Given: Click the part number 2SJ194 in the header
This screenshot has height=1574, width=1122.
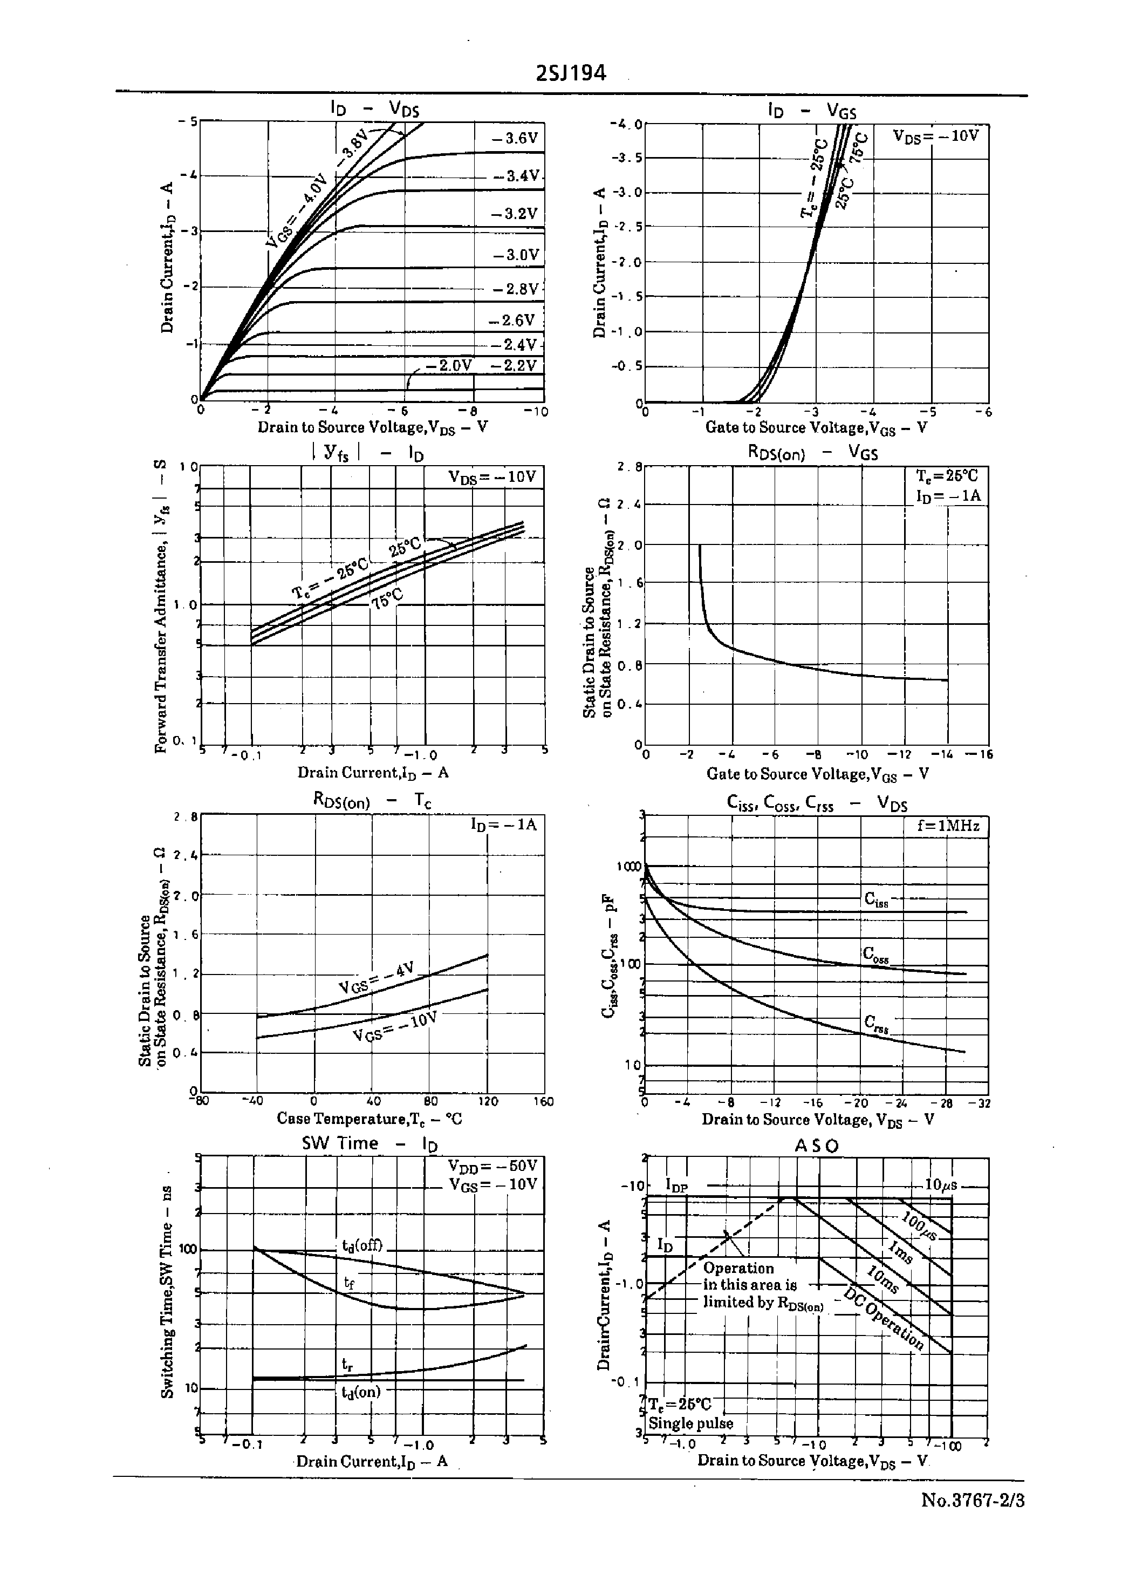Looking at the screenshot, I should coord(571,73).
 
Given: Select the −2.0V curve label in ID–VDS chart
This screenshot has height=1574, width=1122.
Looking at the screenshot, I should coord(448,365).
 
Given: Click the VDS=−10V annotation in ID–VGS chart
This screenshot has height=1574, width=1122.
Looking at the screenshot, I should coord(935,135).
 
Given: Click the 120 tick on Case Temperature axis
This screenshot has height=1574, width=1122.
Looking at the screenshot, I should coord(488,1101).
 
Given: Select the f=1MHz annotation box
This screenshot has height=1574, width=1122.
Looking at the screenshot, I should coord(949,826).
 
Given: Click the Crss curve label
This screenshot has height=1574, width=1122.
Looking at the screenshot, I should coord(876,1023).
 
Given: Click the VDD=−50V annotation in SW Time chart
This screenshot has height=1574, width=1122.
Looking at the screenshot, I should coord(492,1166).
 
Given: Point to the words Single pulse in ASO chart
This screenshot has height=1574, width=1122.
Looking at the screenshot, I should coord(690,1423).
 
